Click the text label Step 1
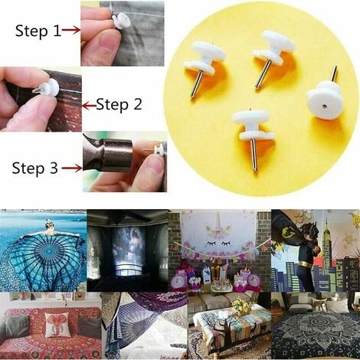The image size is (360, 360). (38, 31)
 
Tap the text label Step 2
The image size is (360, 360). (119, 105)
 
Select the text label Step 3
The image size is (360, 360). (35, 169)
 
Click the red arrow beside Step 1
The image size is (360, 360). (71, 30)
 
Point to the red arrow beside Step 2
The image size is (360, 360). (90, 105)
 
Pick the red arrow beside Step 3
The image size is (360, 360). (72, 168)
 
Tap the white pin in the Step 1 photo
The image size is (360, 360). (121, 21)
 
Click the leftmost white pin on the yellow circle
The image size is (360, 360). (205, 63)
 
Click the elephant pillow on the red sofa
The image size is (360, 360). (57, 323)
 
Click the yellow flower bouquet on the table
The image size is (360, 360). (241, 304)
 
